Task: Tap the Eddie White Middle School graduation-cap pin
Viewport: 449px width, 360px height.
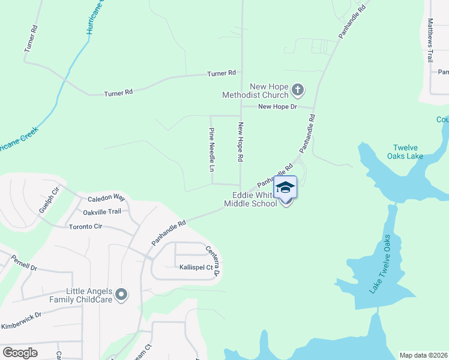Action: [x=285, y=187]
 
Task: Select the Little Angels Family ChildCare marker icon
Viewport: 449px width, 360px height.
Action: [x=122, y=295]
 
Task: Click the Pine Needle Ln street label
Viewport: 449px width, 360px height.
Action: [x=211, y=149]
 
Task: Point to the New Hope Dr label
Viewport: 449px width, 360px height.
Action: [x=277, y=107]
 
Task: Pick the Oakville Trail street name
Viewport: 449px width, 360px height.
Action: [x=102, y=212]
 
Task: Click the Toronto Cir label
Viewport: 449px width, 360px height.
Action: [x=86, y=227]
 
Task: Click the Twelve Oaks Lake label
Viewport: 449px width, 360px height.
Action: [x=408, y=152]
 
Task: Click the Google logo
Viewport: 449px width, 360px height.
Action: [x=20, y=353]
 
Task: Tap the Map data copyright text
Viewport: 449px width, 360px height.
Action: [x=423, y=355]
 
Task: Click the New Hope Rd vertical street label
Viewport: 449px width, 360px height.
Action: [x=240, y=142]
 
